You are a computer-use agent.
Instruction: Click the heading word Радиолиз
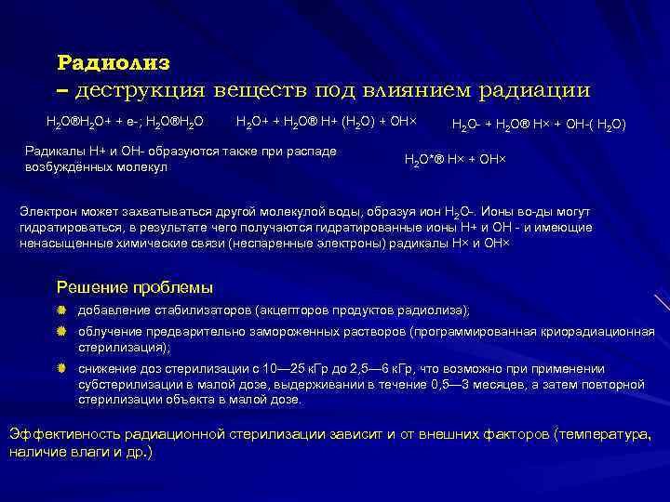(114, 62)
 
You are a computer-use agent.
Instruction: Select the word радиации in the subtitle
(534, 91)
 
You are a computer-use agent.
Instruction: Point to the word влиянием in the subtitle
(420, 91)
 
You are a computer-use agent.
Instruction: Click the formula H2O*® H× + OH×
(455, 160)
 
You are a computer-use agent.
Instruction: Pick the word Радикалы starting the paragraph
(53, 152)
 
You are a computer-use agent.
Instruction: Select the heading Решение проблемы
(135, 286)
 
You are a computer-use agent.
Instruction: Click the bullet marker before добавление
(61, 310)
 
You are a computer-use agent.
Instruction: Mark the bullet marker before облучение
(61, 332)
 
